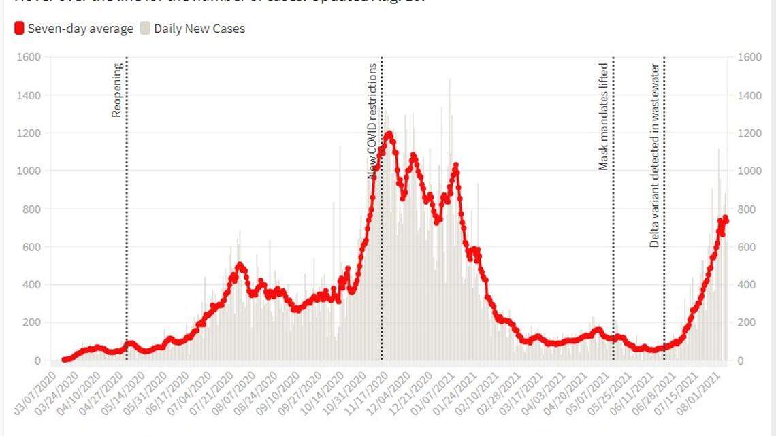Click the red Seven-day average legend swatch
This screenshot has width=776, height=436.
click(19, 29)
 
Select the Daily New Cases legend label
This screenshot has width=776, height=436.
click(199, 29)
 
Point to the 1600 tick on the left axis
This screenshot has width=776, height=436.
click(29, 57)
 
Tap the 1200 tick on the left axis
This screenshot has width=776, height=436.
click(29, 133)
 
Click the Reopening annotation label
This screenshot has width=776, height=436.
click(117, 90)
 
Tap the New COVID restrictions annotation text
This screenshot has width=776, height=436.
click(372, 121)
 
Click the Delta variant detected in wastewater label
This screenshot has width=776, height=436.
click(654, 156)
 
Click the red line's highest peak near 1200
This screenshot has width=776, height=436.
click(389, 133)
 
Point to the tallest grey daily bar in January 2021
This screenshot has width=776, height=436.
click(449, 80)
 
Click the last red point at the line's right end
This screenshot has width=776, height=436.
click(726, 218)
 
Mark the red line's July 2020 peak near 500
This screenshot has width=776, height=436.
click(239, 265)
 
